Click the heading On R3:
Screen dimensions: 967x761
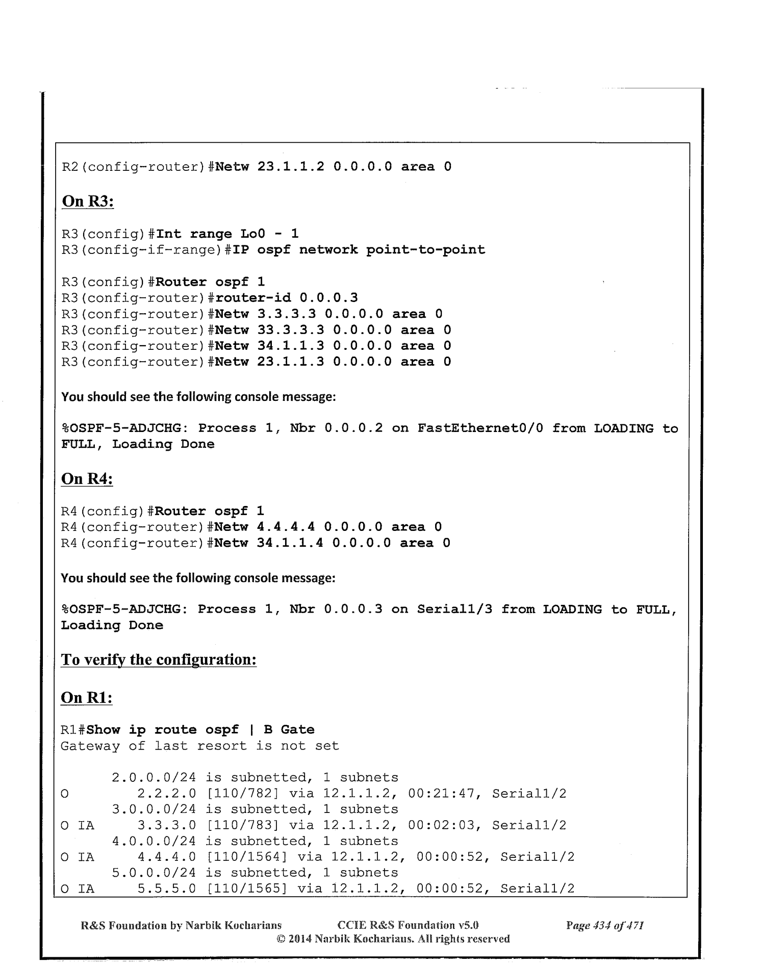click(x=87, y=201)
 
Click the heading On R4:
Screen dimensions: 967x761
click(x=87, y=479)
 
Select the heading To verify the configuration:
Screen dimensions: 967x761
click(x=159, y=659)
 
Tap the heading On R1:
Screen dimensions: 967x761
click(x=87, y=697)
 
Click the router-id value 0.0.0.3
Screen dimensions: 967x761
click(x=328, y=298)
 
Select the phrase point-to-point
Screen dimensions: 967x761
click(x=425, y=250)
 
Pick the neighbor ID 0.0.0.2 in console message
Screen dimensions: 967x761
click(x=353, y=428)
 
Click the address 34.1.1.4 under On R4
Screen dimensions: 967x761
click(x=290, y=543)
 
